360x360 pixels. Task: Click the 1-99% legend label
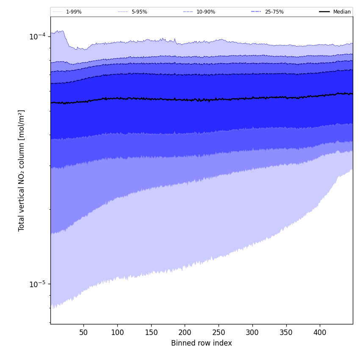(x=74, y=12)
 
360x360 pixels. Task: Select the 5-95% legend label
(x=139, y=12)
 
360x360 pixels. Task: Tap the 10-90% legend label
(x=205, y=12)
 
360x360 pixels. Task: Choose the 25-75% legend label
(x=274, y=12)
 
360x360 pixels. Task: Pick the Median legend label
(x=342, y=12)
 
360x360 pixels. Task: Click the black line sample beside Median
(x=324, y=12)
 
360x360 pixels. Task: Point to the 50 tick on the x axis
(x=83, y=333)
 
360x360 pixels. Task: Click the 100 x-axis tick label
(x=117, y=333)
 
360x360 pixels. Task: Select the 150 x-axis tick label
(x=151, y=333)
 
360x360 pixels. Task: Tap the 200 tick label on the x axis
(x=185, y=333)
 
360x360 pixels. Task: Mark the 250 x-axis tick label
(x=219, y=333)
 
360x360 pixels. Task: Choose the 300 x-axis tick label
(x=252, y=333)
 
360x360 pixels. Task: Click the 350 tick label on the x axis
(x=286, y=333)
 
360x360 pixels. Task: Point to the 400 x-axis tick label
(x=320, y=333)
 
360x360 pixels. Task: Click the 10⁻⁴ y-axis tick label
(x=37, y=36)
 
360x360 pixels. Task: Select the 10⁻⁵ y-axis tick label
(x=37, y=284)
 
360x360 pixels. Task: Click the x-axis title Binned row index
(x=202, y=343)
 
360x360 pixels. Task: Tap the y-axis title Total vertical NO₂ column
(x=22, y=170)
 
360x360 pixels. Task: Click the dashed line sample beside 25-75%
(x=256, y=12)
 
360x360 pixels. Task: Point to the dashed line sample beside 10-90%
(x=188, y=12)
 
